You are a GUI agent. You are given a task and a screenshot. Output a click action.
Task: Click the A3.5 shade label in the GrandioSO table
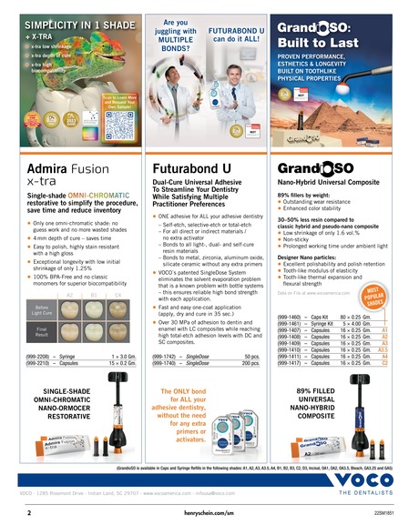[383, 375]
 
